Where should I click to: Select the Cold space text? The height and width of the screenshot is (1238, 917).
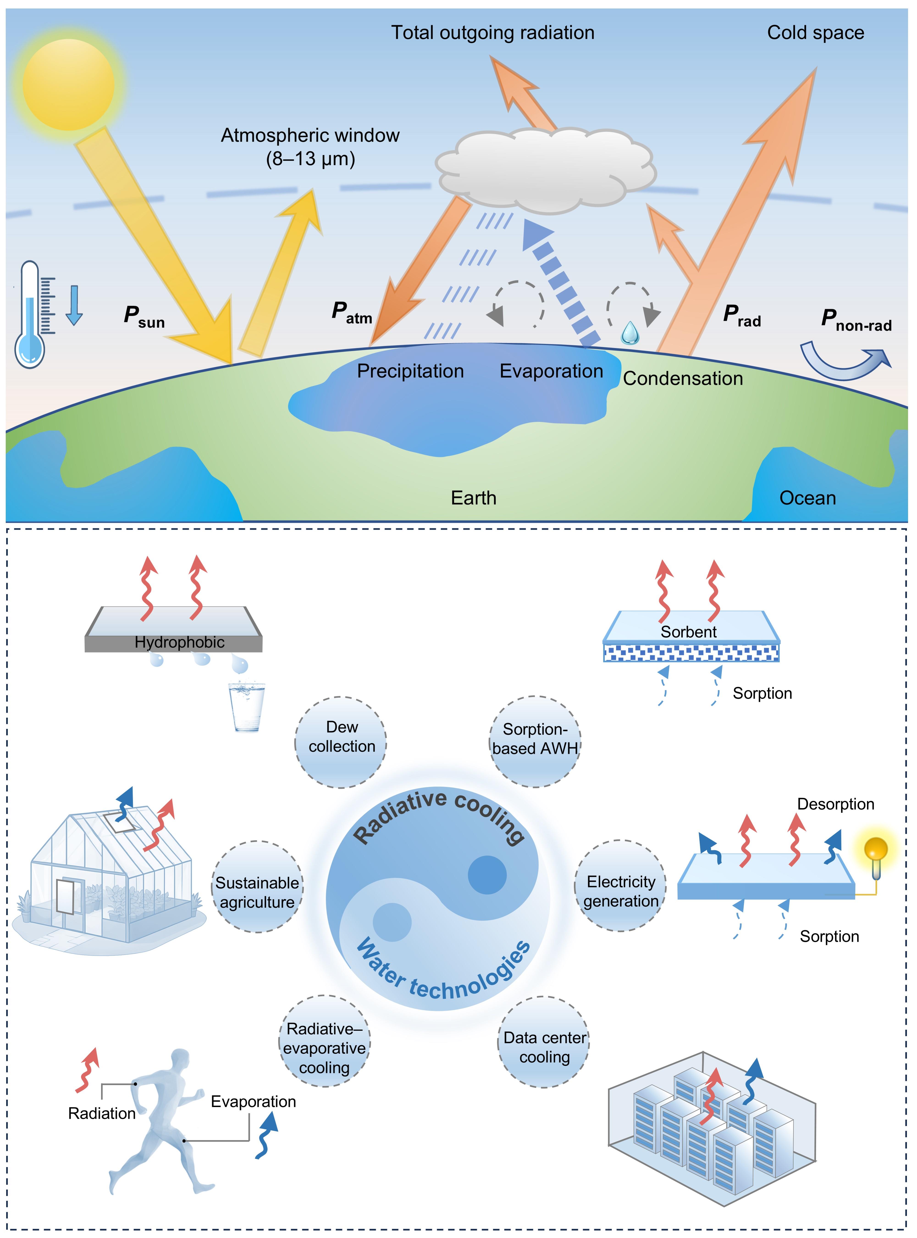(x=815, y=33)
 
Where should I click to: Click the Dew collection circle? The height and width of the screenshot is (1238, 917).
(x=341, y=742)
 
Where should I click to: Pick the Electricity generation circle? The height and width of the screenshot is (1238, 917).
(x=621, y=885)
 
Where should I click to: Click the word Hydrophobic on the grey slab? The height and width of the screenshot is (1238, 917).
(x=179, y=642)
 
